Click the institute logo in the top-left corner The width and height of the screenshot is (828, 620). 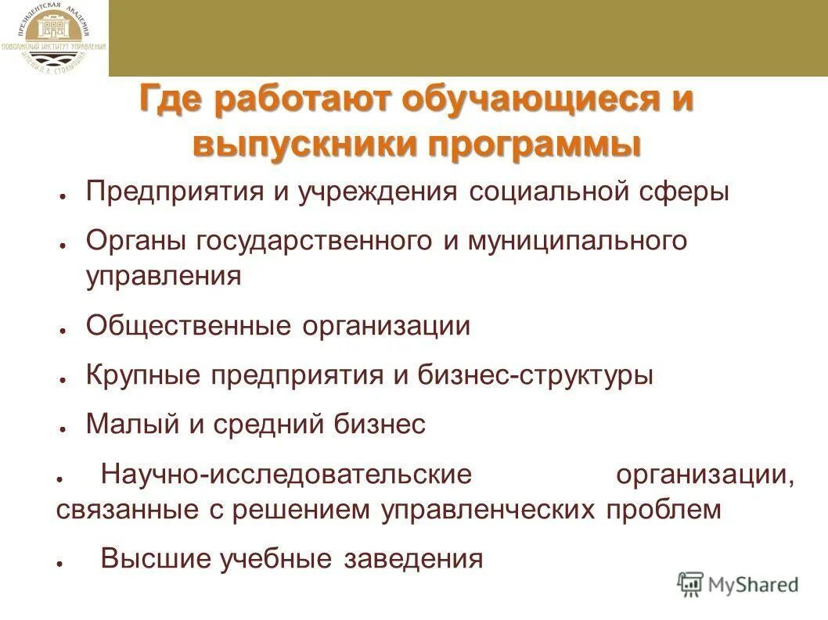tap(54, 38)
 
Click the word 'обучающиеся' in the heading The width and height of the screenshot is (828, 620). tap(528, 102)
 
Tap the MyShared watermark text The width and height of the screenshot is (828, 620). tap(752, 584)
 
